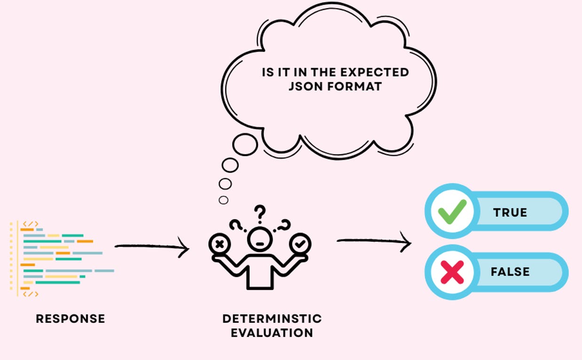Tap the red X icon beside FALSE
452,272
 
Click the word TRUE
510,212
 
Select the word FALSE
510,272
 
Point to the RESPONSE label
71,319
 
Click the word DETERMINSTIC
272,319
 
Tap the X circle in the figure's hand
220,244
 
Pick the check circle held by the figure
300,244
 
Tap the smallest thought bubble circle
224,200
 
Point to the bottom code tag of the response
31,294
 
